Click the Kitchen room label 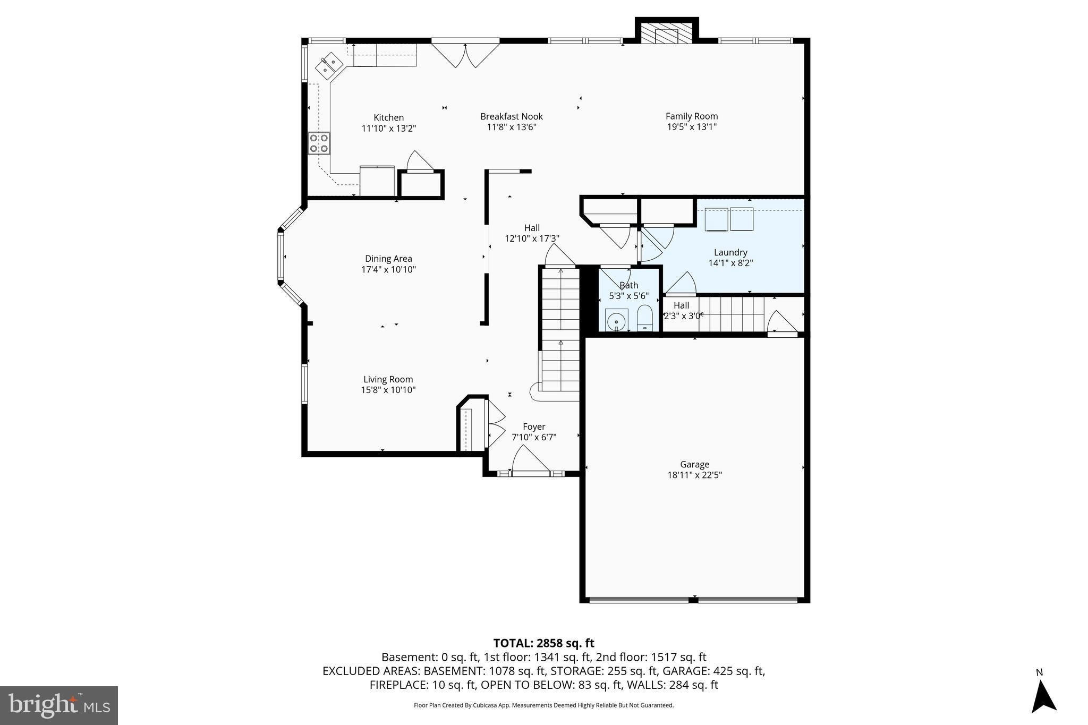(388, 117)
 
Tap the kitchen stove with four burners (319, 143)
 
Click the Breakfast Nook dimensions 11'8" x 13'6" (512, 127)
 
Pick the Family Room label (692, 116)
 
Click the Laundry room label (730, 252)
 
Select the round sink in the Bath (616, 321)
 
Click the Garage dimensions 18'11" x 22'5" (694, 475)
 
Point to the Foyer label (534, 427)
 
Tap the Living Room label (388, 379)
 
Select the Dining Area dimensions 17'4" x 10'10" (388, 269)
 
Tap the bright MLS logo (59, 705)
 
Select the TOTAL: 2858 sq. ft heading (543, 643)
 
